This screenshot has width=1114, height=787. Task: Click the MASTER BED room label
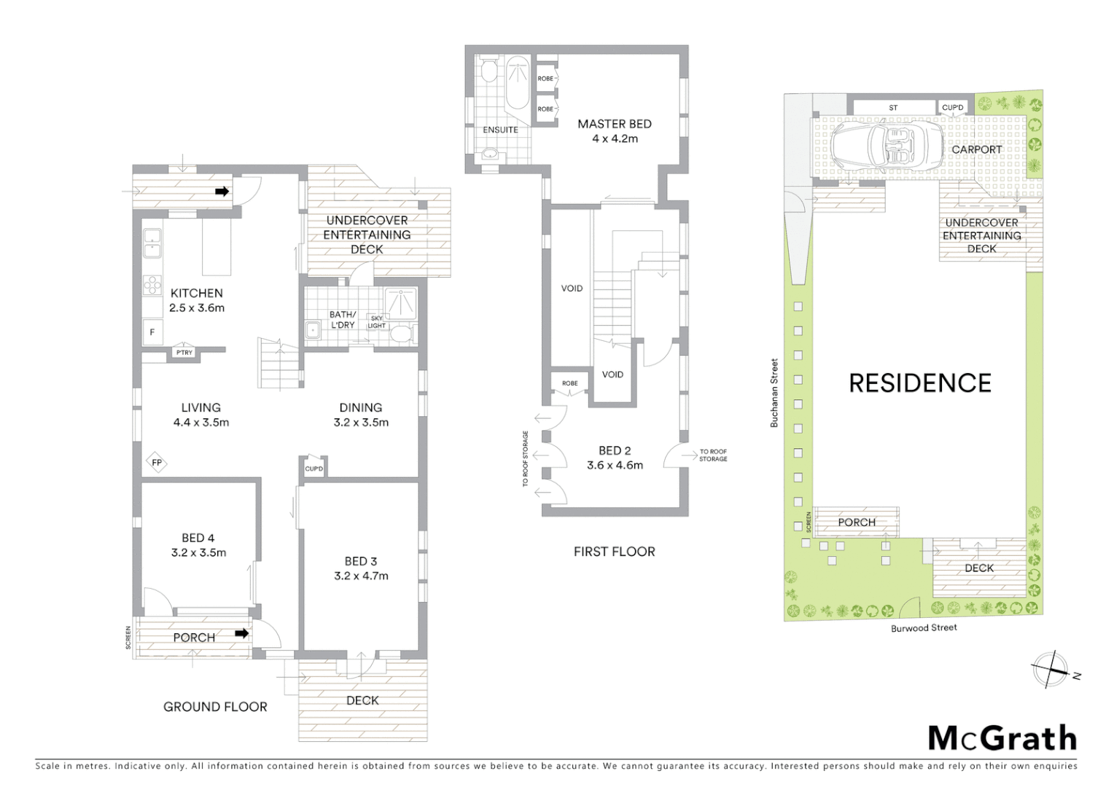click(614, 124)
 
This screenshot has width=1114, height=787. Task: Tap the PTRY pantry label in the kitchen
click(184, 353)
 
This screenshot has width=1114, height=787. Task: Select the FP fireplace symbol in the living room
click(156, 463)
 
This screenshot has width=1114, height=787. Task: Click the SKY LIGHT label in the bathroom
click(376, 322)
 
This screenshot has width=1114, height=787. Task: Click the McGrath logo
click(1002, 738)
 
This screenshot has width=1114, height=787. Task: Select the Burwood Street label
click(924, 627)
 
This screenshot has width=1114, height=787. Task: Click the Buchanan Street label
click(775, 392)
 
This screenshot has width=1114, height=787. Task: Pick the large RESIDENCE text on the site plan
click(920, 383)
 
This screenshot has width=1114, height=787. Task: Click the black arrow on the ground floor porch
click(241, 633)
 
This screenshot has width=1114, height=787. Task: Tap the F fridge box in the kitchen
click(152, 332)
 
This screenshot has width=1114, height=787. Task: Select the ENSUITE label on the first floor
click(500, 130)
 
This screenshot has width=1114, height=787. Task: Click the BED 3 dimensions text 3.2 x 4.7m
click(361, 576)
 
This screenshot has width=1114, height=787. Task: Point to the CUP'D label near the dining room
click(314, 469)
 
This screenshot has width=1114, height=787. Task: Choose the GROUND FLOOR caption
click(215, 706)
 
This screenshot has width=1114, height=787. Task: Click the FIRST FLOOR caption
click(614, 552)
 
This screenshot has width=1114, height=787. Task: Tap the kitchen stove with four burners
click(152, 284)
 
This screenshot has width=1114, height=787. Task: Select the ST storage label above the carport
click(893, 108)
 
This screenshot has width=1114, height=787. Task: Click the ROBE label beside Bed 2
click(570, 383)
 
